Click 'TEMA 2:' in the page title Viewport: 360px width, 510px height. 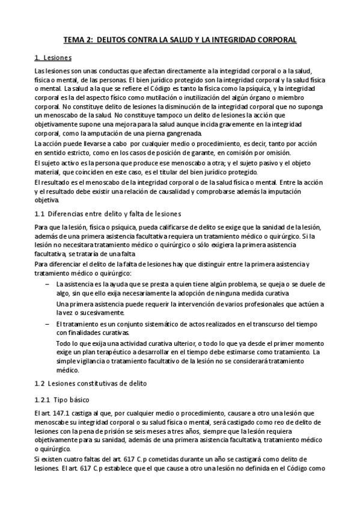click(78, 40)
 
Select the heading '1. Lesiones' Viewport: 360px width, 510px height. click(53, 58)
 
